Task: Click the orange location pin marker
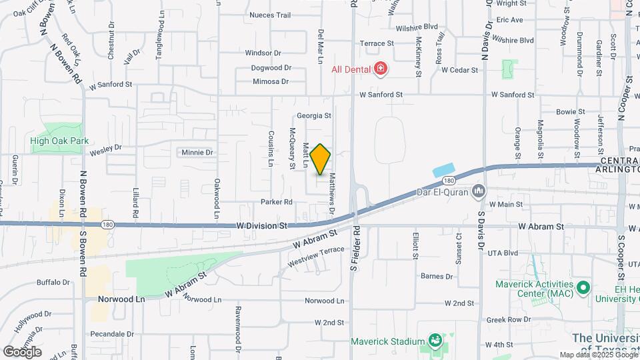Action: click(321, 159)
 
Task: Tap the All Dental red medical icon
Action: click(381, 69)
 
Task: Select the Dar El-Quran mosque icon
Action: click(478, 192)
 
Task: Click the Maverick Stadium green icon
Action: click(435, 341)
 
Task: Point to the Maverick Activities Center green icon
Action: click(584, 289)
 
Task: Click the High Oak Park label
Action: click(59, 141)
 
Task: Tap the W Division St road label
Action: click(261, 226)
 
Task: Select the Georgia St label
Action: click(314, 115)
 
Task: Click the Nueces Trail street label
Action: click(270, 15)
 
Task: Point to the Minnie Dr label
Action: click(197, 153)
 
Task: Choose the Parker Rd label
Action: click(277, 201)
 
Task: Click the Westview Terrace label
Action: click(316, 257)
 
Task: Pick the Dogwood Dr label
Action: click(271, 67)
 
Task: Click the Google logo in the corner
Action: click(22, 351)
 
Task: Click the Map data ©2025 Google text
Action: click(598, 355)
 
